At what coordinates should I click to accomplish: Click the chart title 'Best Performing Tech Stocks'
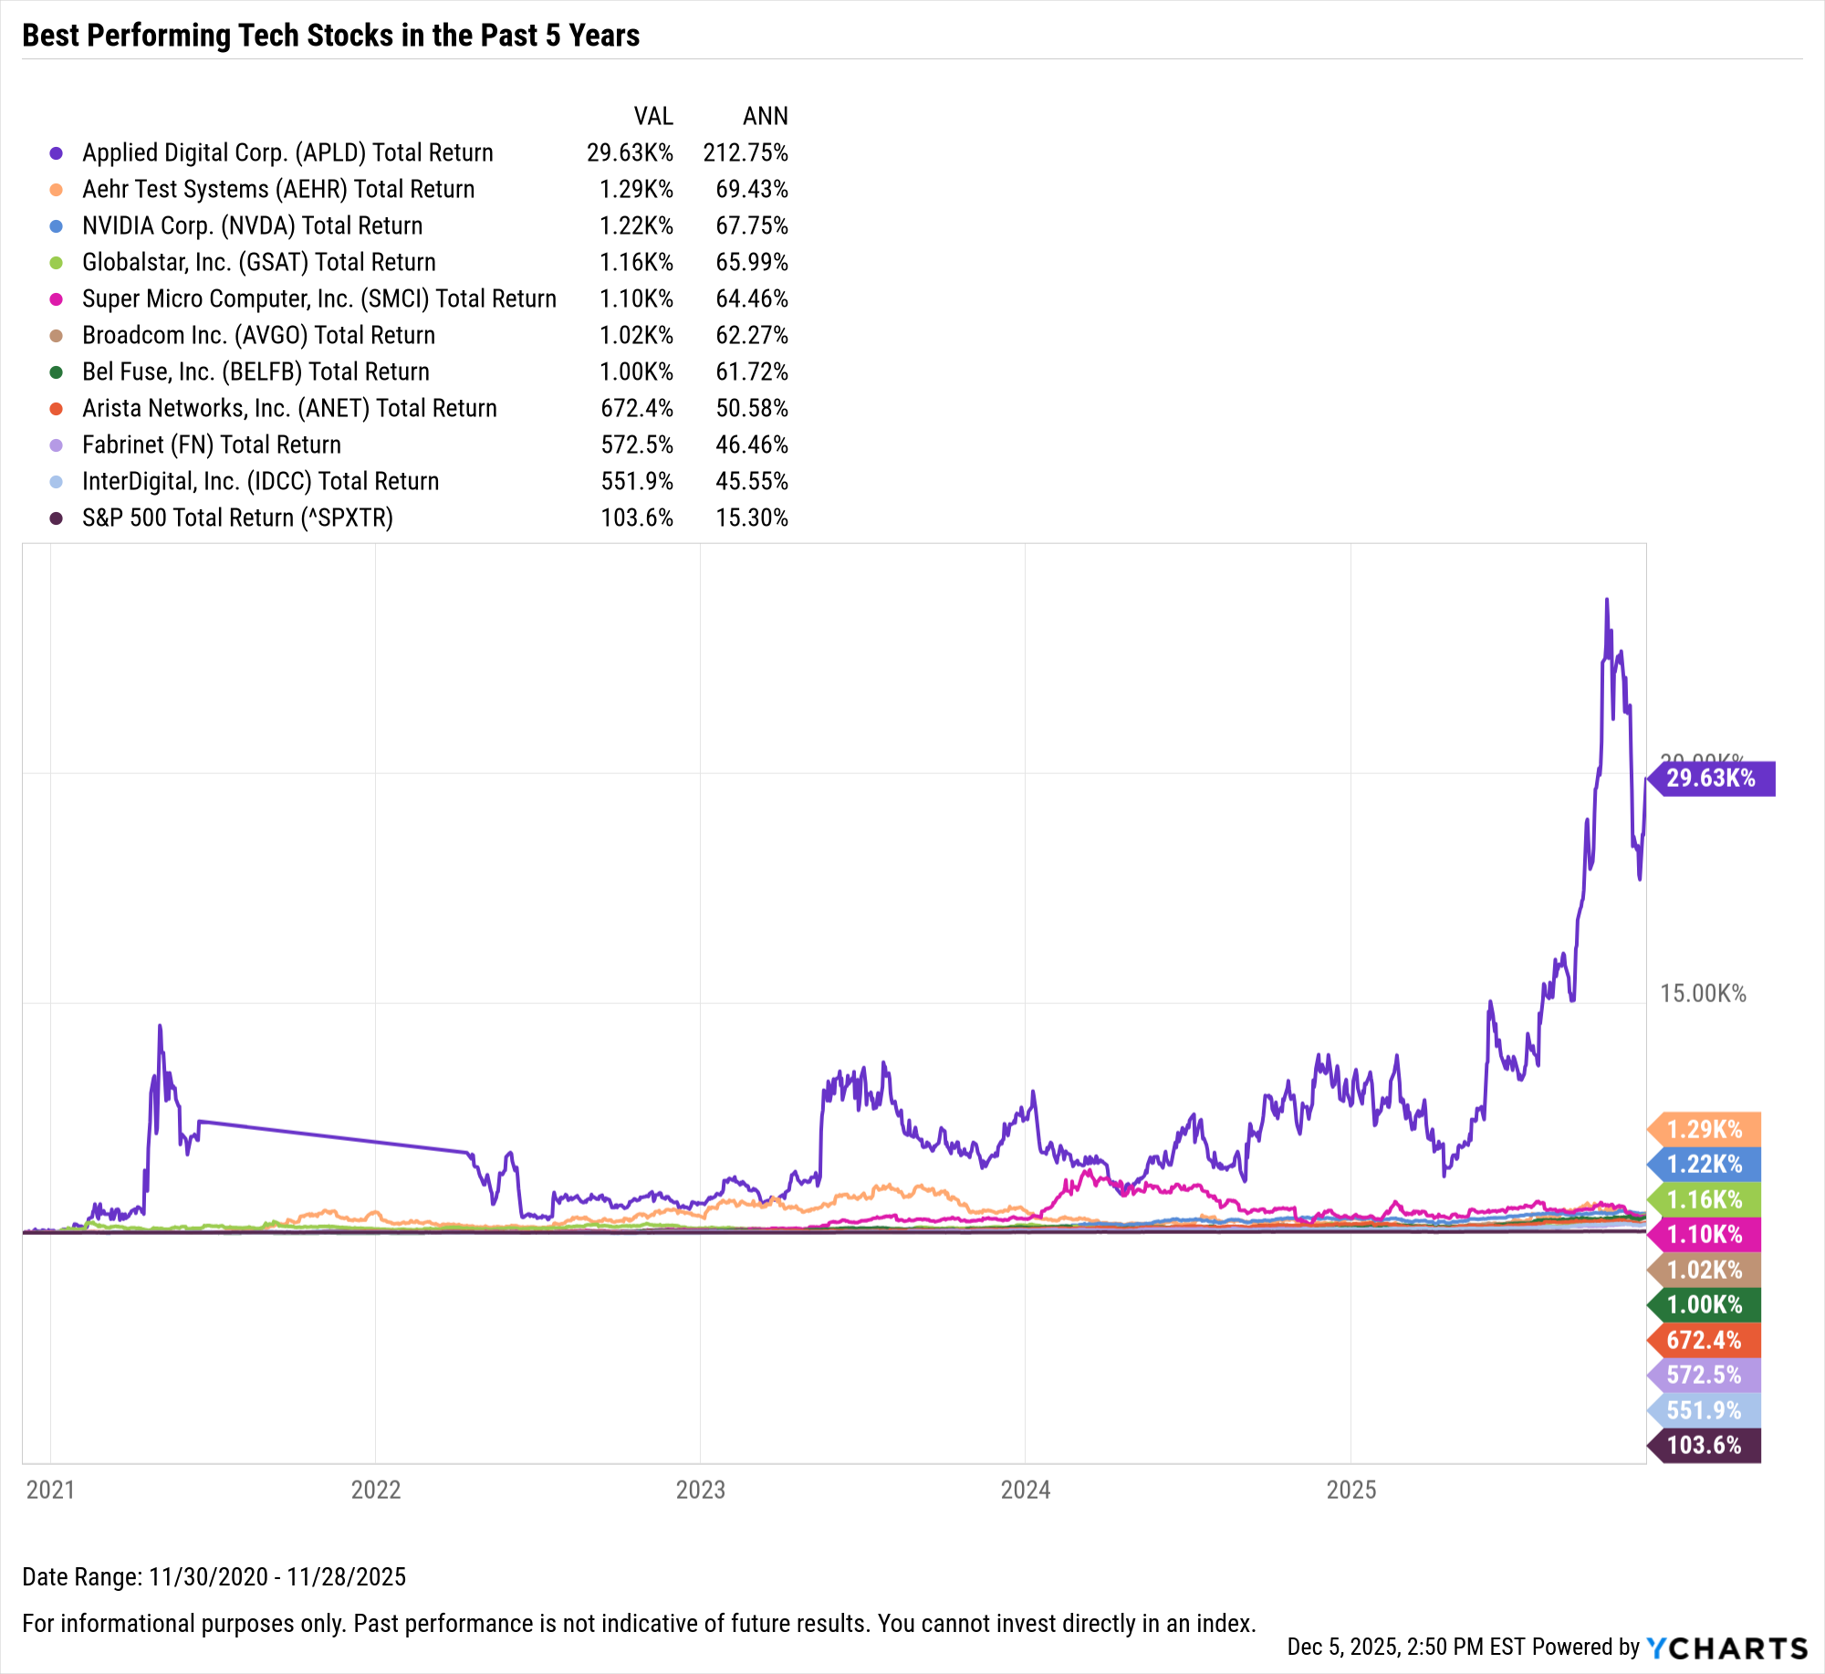[330, 36]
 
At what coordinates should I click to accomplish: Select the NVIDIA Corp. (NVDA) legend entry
[252, 225]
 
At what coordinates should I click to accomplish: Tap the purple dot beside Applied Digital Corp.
[56, 153]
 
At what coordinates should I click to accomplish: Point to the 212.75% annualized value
[745, 152]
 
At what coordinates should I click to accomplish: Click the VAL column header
[653, 116]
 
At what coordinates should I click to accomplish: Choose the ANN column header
[765, 116]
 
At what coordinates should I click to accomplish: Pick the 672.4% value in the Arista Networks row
[636, 408]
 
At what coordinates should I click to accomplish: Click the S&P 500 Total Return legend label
[237, 518]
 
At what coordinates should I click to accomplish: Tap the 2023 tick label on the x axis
[700, 1490]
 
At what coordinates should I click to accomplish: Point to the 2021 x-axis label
[50, 1490]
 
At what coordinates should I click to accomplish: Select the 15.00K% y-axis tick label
[1702, 993]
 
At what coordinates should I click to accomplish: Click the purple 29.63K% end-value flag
[1711, 778]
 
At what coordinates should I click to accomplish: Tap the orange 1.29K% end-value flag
[1704, 1129]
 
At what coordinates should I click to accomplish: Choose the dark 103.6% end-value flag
[1704, 1445]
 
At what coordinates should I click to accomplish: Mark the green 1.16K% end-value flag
[1704, 1199]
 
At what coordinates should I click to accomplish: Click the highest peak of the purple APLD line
[1607, 600]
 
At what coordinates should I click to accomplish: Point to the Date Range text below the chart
[214, 1576]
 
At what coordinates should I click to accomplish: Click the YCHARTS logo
[1726, 1648]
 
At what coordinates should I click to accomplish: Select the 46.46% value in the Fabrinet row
[751, 445]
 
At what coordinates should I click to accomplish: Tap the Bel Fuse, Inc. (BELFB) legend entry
[255, 371]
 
